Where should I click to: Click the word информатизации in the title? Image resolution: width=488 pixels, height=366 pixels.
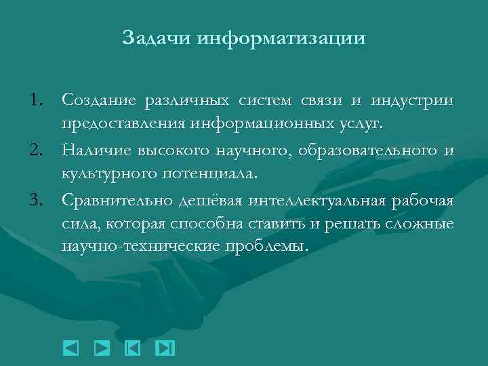click(x=281, y=37)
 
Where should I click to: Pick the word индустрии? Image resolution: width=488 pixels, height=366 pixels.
click(x=412, y=101)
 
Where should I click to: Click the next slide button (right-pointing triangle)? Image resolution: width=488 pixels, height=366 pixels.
click(x=101, y=348)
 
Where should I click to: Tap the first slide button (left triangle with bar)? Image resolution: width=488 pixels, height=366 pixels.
click(x=133, y=348)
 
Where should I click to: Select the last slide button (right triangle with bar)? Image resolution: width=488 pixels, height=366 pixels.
click(x=165, y=348)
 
